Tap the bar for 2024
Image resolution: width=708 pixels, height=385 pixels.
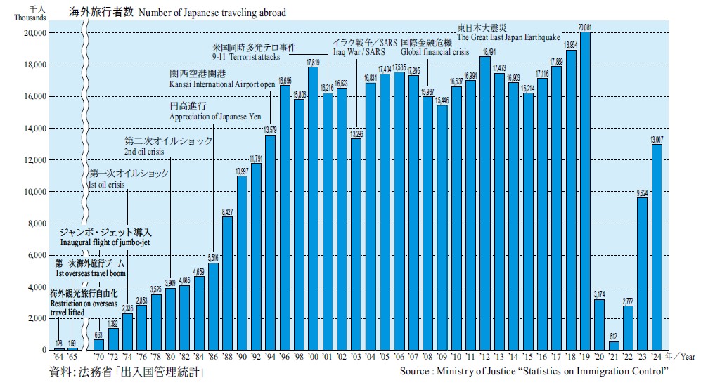[x=657, y=247]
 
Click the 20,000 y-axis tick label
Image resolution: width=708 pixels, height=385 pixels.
[x=34, y=33]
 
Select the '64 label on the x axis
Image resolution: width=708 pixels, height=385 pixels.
[x=58, y=358]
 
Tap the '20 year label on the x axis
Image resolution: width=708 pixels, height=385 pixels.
[x=599, y=358]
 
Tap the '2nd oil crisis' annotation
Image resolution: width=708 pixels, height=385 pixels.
[x=146, y=151]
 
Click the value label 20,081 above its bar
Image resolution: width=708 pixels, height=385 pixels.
[x=585, y=27]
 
